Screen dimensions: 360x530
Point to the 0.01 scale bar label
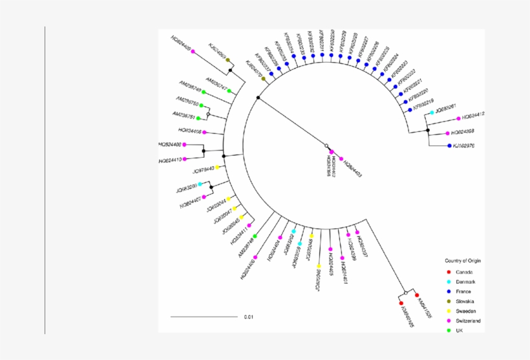tap(249, 317)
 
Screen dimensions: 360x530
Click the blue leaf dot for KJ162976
tap(450, 146)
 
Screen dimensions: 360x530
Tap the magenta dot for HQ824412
tap(458, 118)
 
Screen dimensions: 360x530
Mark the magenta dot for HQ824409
tap(193, 43)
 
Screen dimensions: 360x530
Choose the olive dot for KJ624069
tap(228, 60)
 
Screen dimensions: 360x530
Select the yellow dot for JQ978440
tap(218, 168)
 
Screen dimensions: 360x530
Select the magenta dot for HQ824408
tap(184, 145)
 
